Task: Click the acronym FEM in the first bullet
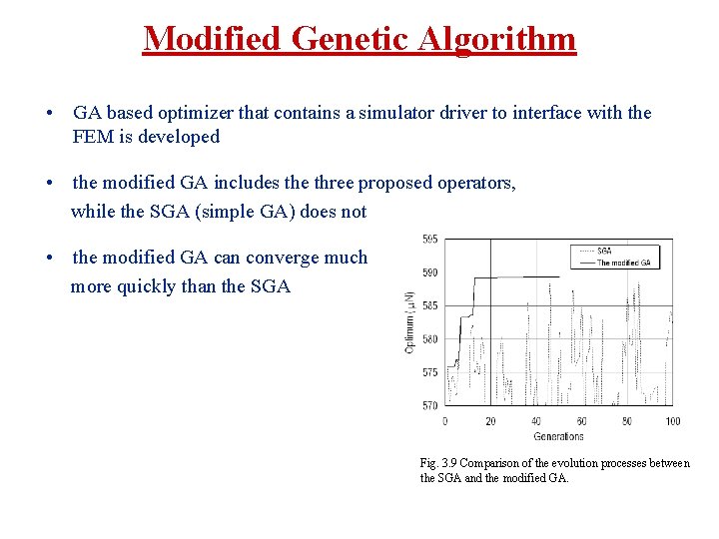coord(92,137)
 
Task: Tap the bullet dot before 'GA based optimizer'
coord(49,113)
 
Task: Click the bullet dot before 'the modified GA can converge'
coord(49,258)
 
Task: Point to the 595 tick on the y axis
coord(428,240)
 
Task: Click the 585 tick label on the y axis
coord(428,305)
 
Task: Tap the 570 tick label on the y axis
coord(428,405)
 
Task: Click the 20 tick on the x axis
coord(490,421)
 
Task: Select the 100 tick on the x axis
coord(673,421)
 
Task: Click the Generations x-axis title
coord(558,436)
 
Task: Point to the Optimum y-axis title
coord(409,322)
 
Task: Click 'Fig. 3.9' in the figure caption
coord(439,463)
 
